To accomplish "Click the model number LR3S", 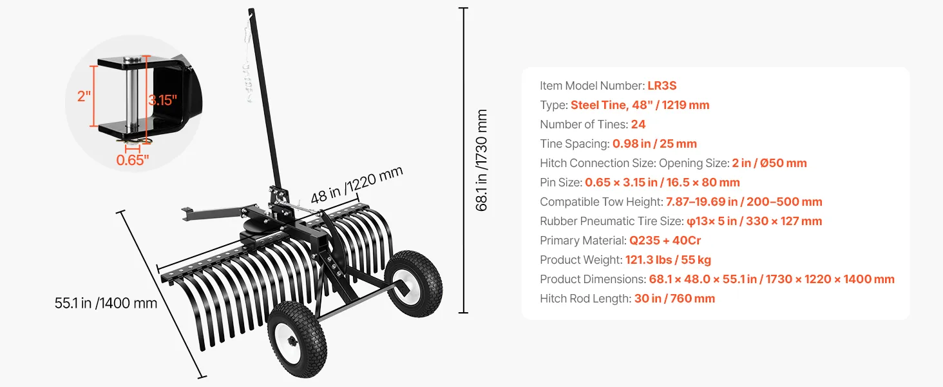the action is [662, 86].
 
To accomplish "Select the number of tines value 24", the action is [638, 124].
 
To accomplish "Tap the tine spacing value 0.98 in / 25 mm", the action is [654, 144].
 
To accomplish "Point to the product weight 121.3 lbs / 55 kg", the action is [668, 260].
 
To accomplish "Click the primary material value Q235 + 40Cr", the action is [665, 241].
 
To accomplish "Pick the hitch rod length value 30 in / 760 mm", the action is [674, 299].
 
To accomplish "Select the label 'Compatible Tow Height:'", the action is [601, 202].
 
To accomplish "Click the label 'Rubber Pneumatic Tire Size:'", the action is [612, 221].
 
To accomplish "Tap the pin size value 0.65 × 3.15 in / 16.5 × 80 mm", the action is [662, 183].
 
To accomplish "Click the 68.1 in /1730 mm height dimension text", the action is [481, 160].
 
